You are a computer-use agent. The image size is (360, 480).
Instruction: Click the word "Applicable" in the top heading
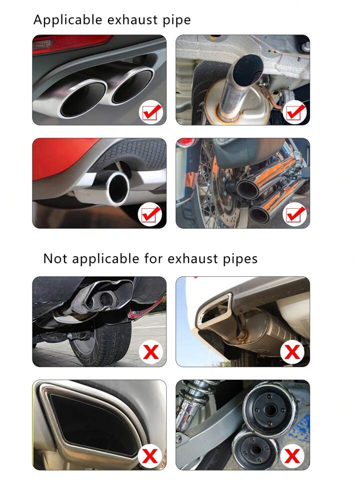[x=67, y=20]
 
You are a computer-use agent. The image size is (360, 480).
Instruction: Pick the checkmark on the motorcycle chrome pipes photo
[x=295, y=214]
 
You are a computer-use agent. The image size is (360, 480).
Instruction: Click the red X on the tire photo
[x=151, y=351]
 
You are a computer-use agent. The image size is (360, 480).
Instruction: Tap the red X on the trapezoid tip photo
[x=292, y=351]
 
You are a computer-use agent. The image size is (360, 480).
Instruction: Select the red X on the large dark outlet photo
[x=150, y=456]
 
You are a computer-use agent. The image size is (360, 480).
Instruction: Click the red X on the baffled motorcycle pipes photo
[x=292, y=456]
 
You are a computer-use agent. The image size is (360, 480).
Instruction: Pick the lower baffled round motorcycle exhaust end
[x=255, y=450]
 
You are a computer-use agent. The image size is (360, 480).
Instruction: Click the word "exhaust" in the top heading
[x=132, y=20]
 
